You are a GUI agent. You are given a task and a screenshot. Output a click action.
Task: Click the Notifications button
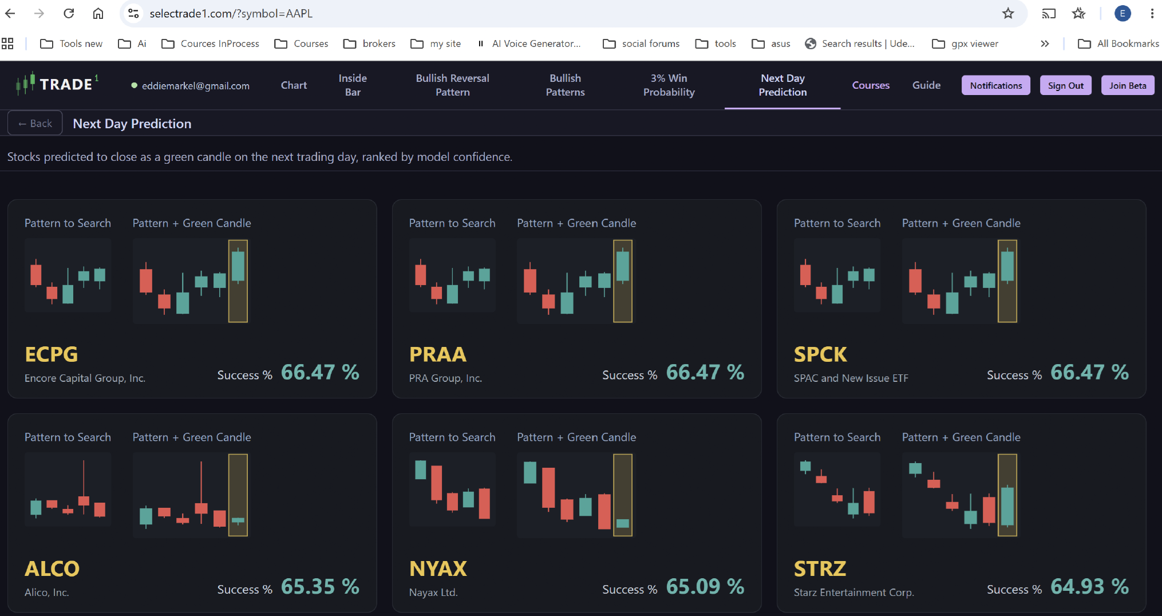[x=995, y=85]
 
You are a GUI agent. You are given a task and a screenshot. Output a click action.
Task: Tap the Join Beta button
[x=1128, y=85]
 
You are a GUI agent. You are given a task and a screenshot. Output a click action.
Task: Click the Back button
[x=35, y=124]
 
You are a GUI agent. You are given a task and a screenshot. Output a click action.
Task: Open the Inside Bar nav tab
[x=353, y=85]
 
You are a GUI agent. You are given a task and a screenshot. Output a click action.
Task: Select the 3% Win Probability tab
[x=669, y=85]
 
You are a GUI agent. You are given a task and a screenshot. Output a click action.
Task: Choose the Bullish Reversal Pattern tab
[x=452, y=85]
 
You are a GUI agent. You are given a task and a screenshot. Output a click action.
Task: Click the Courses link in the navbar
[x=871, y=85]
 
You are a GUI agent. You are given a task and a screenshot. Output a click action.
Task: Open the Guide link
[x=926, y=85]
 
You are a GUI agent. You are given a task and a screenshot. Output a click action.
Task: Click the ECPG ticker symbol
[x=51, y=354]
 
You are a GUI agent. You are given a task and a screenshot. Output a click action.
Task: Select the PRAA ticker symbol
[x=438, y=354]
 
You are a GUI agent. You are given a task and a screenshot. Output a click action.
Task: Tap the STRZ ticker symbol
[x=820, y=568]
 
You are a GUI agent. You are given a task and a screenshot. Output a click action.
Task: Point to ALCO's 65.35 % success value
[x=320, y=586]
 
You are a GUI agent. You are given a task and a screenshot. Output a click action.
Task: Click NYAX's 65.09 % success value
[x=705, y=586]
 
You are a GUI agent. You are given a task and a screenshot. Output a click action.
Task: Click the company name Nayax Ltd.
[x=433, y=593]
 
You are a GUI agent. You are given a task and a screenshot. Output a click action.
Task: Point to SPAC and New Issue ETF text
[x=851, y=378]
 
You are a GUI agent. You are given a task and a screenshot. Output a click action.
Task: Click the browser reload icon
[x=69, y=13]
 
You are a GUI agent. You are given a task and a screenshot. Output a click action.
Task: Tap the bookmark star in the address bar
[x=1008, y=13]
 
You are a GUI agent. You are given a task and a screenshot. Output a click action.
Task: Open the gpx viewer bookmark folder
[x=965, y=44]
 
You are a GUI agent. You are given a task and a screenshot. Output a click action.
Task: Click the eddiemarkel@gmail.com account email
[x=196, y=86]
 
